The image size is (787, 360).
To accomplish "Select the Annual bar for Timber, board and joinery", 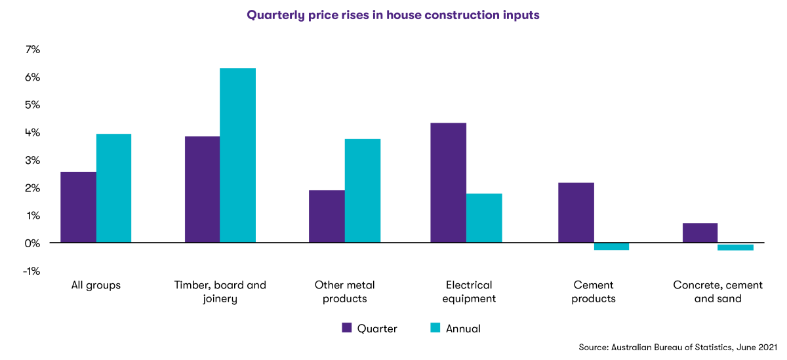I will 237,155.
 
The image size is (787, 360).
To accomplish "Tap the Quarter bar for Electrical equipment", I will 448,183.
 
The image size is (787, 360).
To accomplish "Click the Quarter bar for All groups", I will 78,207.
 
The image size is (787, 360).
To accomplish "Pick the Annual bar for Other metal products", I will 362,191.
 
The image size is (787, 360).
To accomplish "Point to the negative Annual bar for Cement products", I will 611,247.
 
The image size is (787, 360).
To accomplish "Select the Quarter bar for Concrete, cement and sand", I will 700,233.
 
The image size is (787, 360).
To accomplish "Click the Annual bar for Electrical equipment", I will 484,218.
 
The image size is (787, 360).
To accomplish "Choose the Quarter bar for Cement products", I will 576,212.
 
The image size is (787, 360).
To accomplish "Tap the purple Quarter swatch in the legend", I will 348,328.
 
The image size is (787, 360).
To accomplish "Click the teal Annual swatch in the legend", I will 435,328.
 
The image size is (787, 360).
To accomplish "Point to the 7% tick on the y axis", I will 32,50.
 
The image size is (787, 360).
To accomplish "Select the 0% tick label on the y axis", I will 32,243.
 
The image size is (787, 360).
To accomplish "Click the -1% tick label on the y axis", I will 31,271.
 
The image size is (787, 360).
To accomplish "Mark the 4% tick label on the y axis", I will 32,132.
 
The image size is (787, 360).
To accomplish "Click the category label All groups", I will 96,285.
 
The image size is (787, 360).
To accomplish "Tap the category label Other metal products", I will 344,292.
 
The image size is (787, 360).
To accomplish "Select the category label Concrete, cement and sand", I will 717,292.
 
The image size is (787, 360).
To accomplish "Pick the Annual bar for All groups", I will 113,188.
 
